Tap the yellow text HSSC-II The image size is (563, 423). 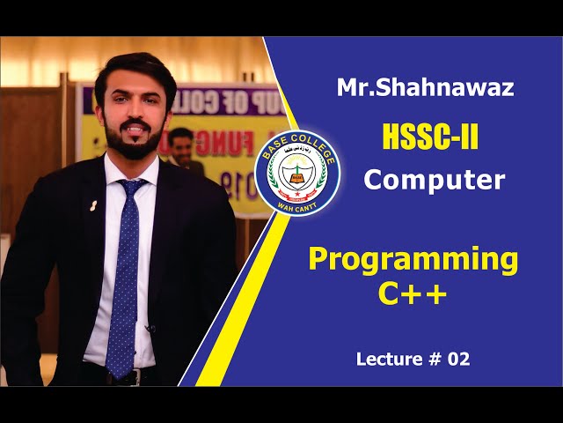431,137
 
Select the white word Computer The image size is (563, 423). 435,181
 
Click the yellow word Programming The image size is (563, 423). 413,260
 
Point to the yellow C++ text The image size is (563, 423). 413,293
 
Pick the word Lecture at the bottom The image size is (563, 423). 387,359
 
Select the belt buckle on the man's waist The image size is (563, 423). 133,377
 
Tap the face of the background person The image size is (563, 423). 180,141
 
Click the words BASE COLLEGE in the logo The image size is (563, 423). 296,145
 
